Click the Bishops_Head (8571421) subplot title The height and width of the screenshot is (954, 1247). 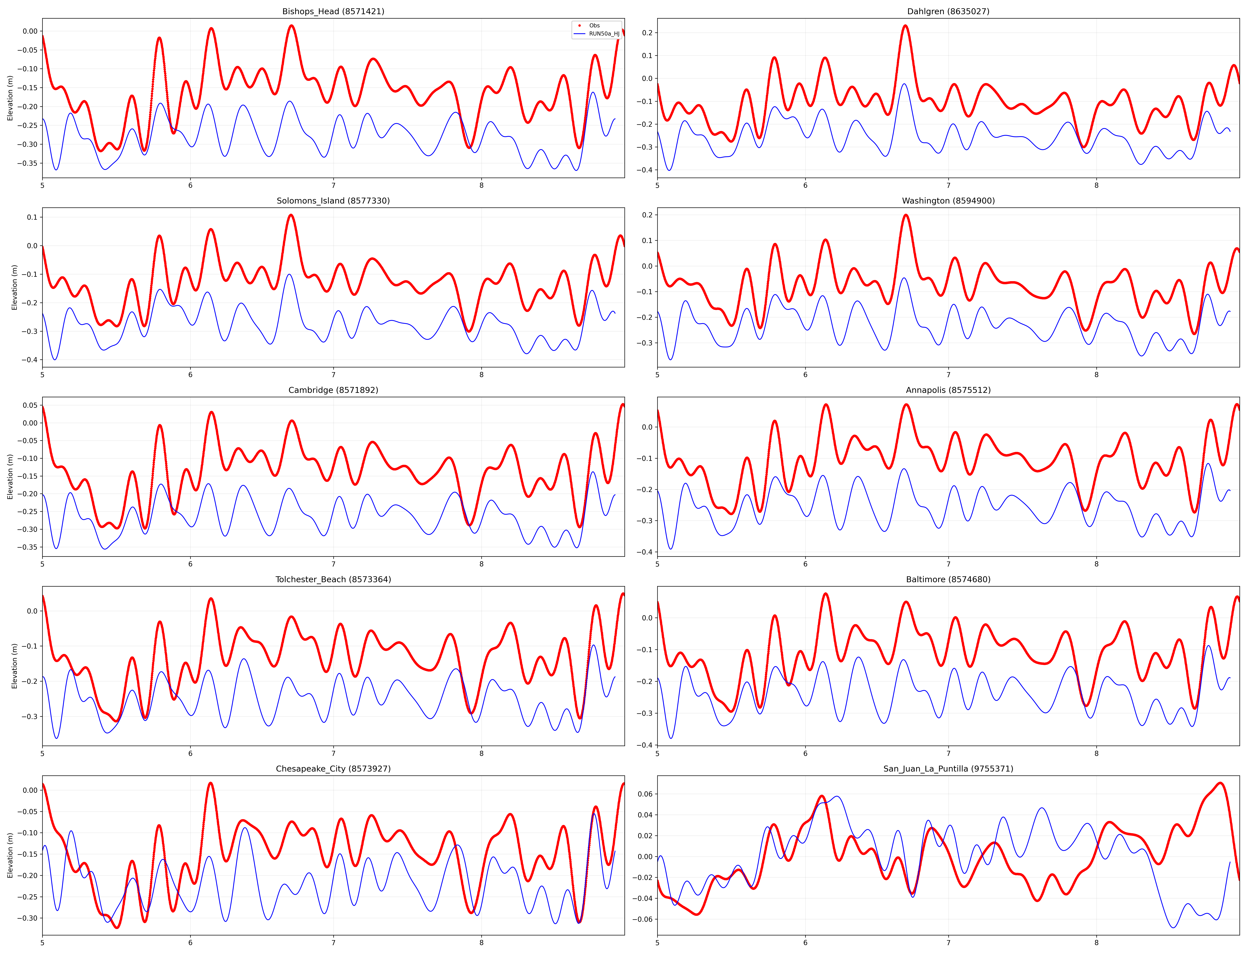click(x=333, y=11)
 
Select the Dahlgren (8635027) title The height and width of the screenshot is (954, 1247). click(x=948, y=11)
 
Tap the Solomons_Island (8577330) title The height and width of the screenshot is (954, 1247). click(x=333, y=200)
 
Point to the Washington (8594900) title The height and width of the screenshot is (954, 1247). click(x=948, y=200)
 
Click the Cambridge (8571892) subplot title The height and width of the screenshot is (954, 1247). click(x=333, y=390)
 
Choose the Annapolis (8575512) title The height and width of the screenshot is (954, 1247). click(x=948, y=390)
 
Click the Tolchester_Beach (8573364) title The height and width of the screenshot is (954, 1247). click(x=333, y=579)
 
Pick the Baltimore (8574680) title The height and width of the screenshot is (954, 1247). click(x=948, y=579)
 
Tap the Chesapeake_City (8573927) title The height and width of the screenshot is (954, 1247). click(x=333, y=769)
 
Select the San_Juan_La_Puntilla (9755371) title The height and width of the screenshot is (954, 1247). click(x=948, y=769)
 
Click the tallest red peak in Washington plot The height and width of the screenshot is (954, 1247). click(x=906, y=215)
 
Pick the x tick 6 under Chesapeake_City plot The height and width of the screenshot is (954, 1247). click(x=191, y=943)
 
